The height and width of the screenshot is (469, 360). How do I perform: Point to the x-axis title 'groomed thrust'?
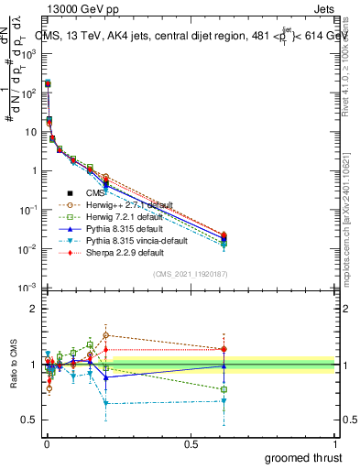303,457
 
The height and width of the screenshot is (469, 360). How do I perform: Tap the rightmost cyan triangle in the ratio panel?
224,400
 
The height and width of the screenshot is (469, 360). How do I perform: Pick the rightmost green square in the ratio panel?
224,389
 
